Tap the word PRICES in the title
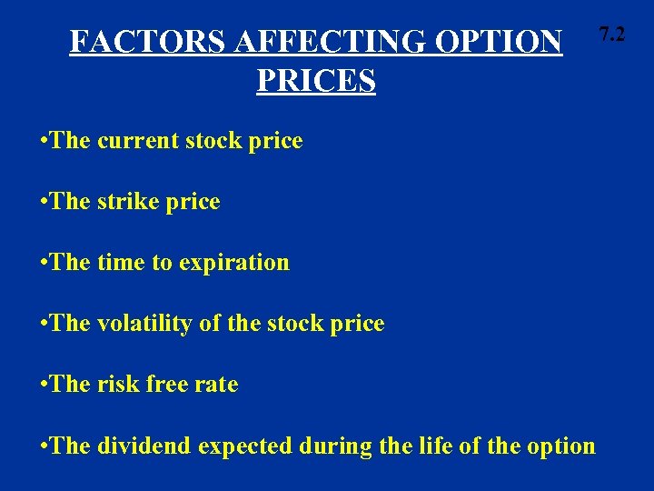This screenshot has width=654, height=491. pos(316,81)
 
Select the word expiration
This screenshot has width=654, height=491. pos(235,263)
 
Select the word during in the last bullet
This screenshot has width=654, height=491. pos(332,446)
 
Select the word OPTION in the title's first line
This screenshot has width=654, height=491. pos(504,42)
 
